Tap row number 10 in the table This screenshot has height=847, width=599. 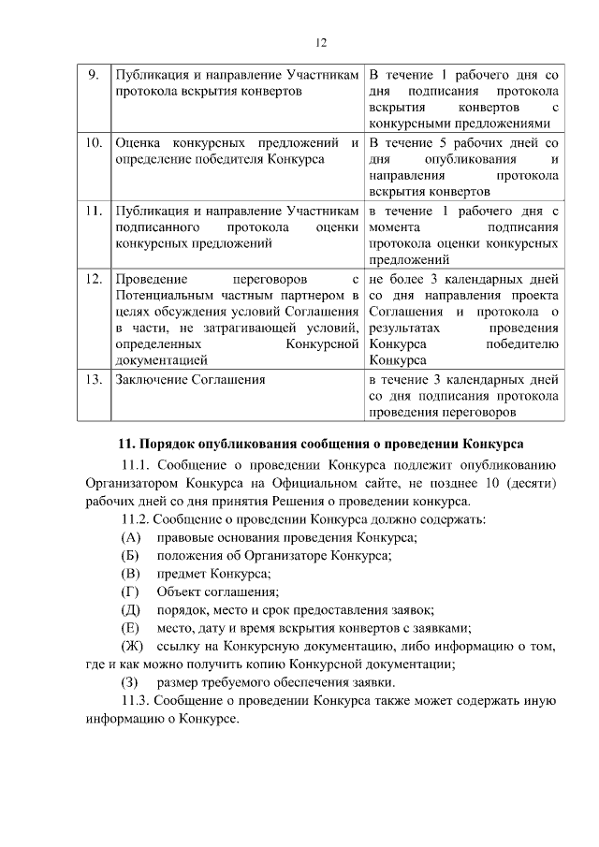93,144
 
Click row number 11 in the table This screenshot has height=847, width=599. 93,212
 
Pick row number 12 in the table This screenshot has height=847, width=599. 93,279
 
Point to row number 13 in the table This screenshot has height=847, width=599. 93,380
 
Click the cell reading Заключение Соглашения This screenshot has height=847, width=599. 190,380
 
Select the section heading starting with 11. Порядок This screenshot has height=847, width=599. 319,442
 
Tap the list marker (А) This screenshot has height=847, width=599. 131,537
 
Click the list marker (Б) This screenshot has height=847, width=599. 131,555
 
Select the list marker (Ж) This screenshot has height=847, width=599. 133,646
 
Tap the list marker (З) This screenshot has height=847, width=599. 130,682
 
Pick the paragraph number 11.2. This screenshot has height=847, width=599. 136,518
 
